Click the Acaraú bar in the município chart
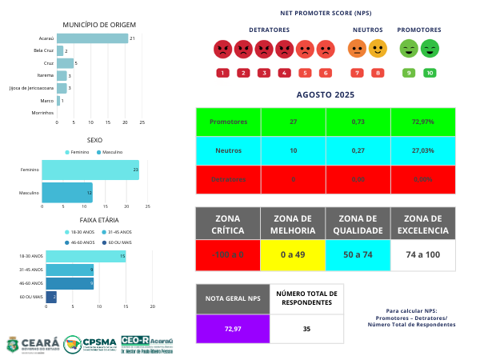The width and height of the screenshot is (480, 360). click(x=92, y=38)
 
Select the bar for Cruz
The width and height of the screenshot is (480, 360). click(x=65, y=63)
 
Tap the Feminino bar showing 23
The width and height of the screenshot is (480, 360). click(x=90, y=170)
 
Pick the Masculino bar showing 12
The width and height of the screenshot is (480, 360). click(x=67, y=193)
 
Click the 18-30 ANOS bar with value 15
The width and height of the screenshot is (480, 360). click(x=85, y=256)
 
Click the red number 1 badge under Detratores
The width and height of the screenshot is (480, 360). click(x=222, y=73)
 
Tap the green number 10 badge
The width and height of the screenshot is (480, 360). click(x=430, y=73)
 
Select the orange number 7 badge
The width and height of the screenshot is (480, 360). click(x=357, y=73)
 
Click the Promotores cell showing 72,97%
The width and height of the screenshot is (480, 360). click(x=422, y=122)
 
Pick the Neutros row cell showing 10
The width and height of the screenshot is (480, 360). click(x=293, y=150)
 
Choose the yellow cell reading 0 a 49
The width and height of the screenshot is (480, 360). click(x=293, y=254)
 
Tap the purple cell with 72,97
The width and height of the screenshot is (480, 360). click(x=233, y=329)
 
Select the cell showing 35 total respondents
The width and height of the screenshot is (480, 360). click(x=306, y=329)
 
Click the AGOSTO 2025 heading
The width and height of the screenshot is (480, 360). click(x=325, y=94)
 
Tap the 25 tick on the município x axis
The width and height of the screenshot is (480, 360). click(x=142, y=122)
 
